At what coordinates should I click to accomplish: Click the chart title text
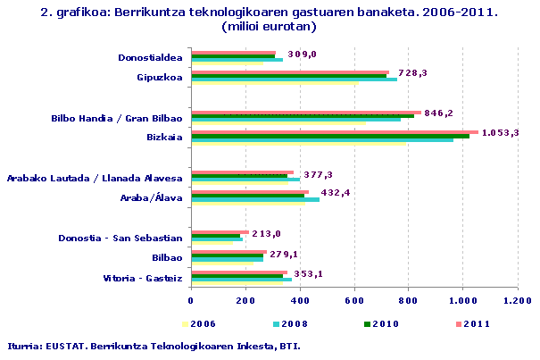pyautogui.click(x=269, y=20)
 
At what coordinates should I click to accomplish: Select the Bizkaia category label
pyautogui.click(x=164, y=137)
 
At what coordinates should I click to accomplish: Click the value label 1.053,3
pyautogui.click(x=500, y=133)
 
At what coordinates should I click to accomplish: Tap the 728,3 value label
pyautogui.click(x=412, y=73)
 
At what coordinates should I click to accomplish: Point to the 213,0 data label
pyautogui.click(x=266, y=234)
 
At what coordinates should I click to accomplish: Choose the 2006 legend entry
pyautogui.click(x=202, y=323)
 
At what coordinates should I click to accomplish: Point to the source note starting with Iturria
pyautogui.click(x=154, y=346)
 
